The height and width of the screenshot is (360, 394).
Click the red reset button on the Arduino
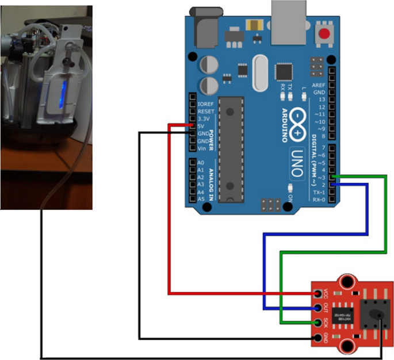click(x=326, y=34)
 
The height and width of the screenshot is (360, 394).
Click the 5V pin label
click(x=201, y=126)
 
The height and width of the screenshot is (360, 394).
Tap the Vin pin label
click(x=201, y=148)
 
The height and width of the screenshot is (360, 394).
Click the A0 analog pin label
click(x=201, y=163)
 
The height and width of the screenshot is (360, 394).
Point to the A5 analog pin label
click(x=201, y=199)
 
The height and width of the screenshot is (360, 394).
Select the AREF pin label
click(x=318, y=85)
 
